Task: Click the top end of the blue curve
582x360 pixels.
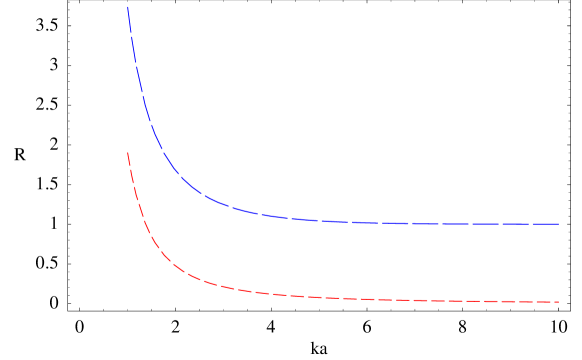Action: (x=128, y=8)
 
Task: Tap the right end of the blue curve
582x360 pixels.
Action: (x=558, y=224)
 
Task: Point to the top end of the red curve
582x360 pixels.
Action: (x=128, y=153)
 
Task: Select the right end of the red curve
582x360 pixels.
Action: (x=558, y=302)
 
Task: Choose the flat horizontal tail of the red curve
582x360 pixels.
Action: (x=450, y=300)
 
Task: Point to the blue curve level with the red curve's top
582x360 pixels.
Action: (x=162, y=151)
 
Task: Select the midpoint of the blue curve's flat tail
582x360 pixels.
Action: (x=400, y=223)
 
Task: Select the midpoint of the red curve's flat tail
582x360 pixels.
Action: (x=400, y=299)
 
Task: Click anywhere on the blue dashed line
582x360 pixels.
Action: (x=300, y=219)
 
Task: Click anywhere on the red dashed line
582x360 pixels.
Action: (x=300, y=296)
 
